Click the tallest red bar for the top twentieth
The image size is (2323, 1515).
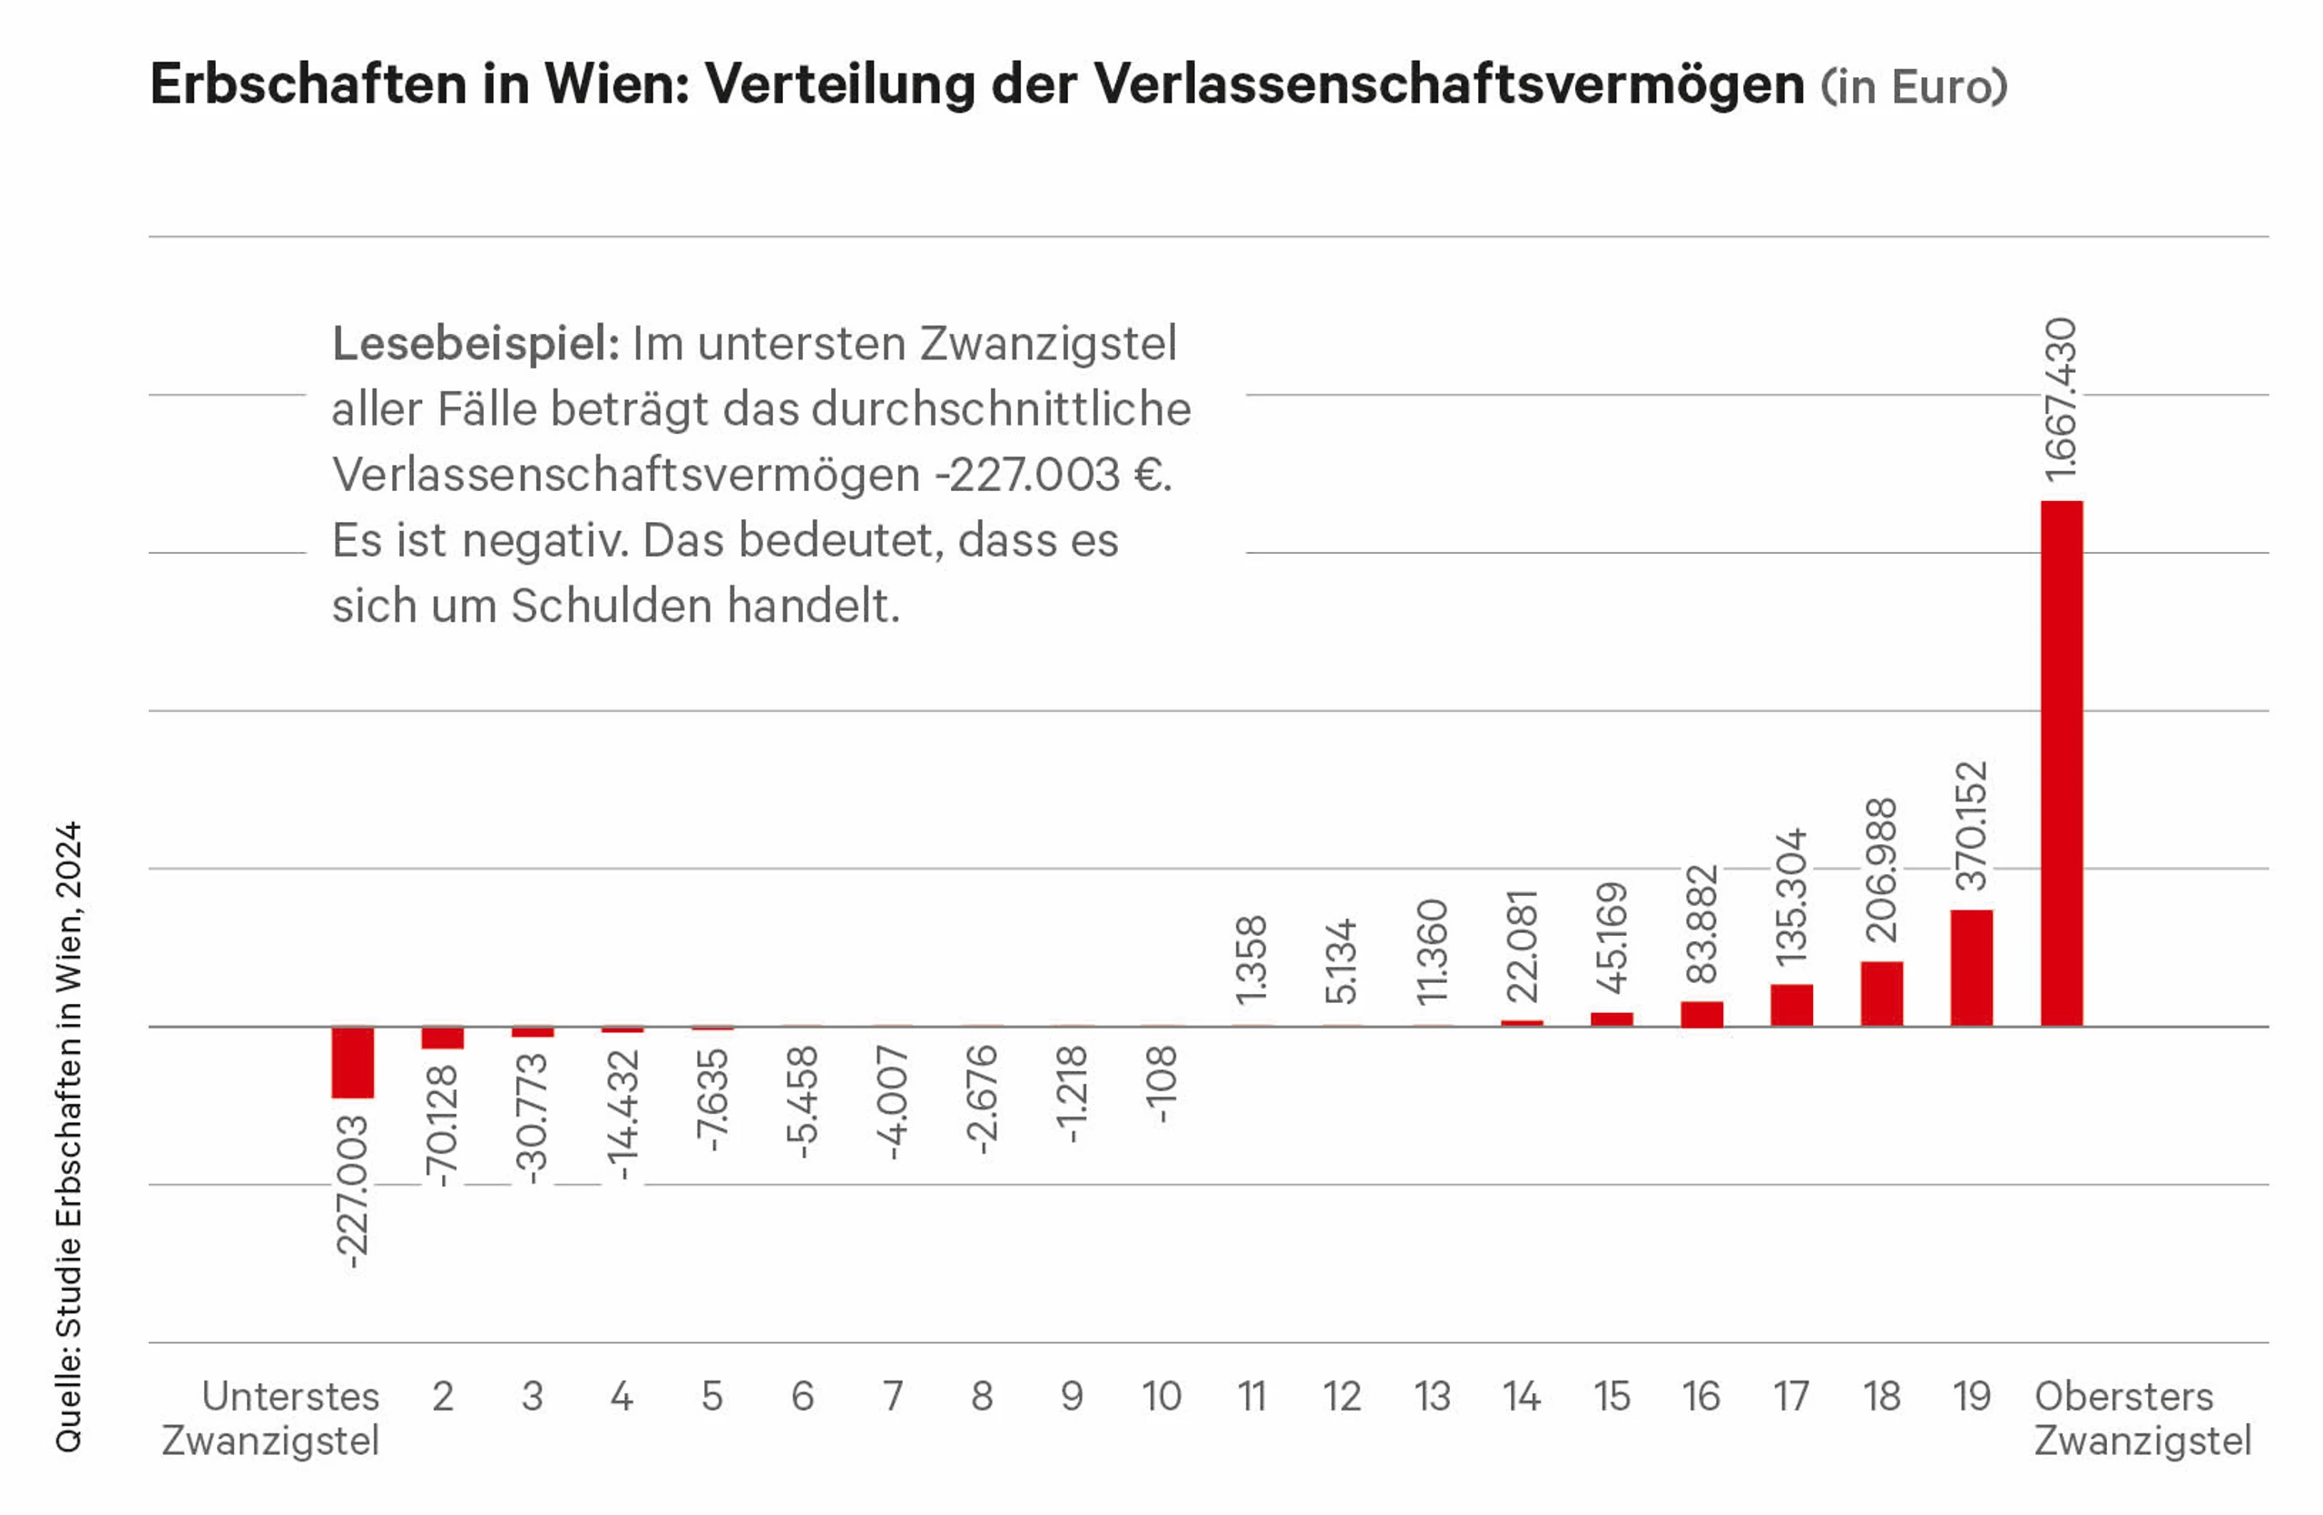[x=2062, y=763]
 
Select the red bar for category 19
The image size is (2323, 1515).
[x=1972, y=969]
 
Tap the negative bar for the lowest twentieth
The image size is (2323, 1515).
[x=352, y=1062]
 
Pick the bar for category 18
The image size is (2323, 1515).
[x=1882, y=994]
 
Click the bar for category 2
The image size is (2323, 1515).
[x=442, y=1038]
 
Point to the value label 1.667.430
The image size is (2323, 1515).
[x=2062, y=399]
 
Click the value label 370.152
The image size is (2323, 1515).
[x=1972, y=826]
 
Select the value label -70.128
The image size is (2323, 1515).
[x=442, y=1126]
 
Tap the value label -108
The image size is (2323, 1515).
[x=1161, y=1085]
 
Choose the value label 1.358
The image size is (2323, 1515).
[x=1251, y=960]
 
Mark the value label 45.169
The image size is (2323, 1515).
[x=1612, y=938]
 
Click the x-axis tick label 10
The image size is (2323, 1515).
[x=1161, y=1397]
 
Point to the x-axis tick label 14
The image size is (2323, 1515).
[x=1522, y=1397]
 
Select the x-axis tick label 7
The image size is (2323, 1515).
[x=892, y=1397]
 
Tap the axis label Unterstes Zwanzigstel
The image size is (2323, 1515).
[x=270, y=1419]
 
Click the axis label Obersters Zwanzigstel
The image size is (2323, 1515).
[x=2142, y=1419]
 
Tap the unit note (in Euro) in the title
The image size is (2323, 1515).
[x=1914, y=86]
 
